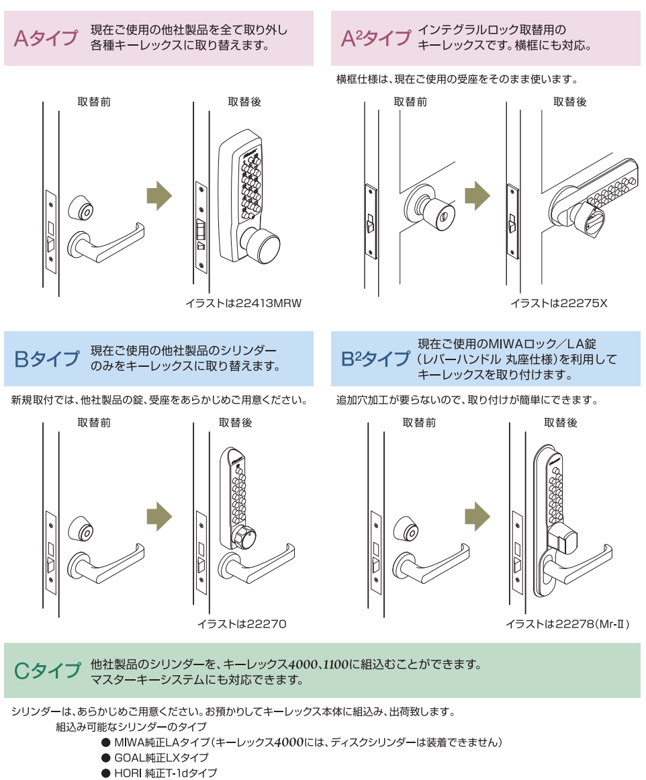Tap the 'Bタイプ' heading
(46, 359)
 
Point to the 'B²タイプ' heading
(375, 359)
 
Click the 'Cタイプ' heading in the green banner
(47, 670)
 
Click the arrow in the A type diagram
(159, 196)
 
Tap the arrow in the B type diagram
(159, 517)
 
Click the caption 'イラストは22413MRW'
(244, 304)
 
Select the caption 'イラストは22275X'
(559, 304)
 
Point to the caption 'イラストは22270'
(242, 624)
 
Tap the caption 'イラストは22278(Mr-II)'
(568, 624)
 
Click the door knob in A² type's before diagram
(424, 209)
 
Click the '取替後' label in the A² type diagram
(569, 102)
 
